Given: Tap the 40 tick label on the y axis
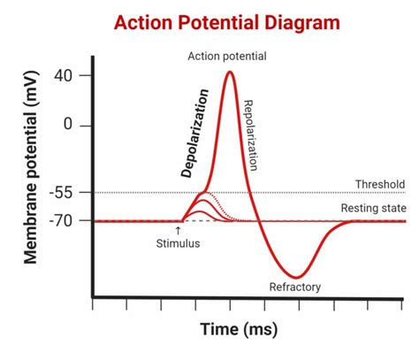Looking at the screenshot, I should coord(63,75).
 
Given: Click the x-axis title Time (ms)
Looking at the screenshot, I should coord(239,329).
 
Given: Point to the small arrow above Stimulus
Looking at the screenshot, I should coord(179,230).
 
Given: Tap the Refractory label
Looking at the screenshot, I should coord(294,287).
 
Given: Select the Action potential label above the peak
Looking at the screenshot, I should coord(227,57).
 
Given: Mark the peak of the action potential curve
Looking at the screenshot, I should coord(230,72).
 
